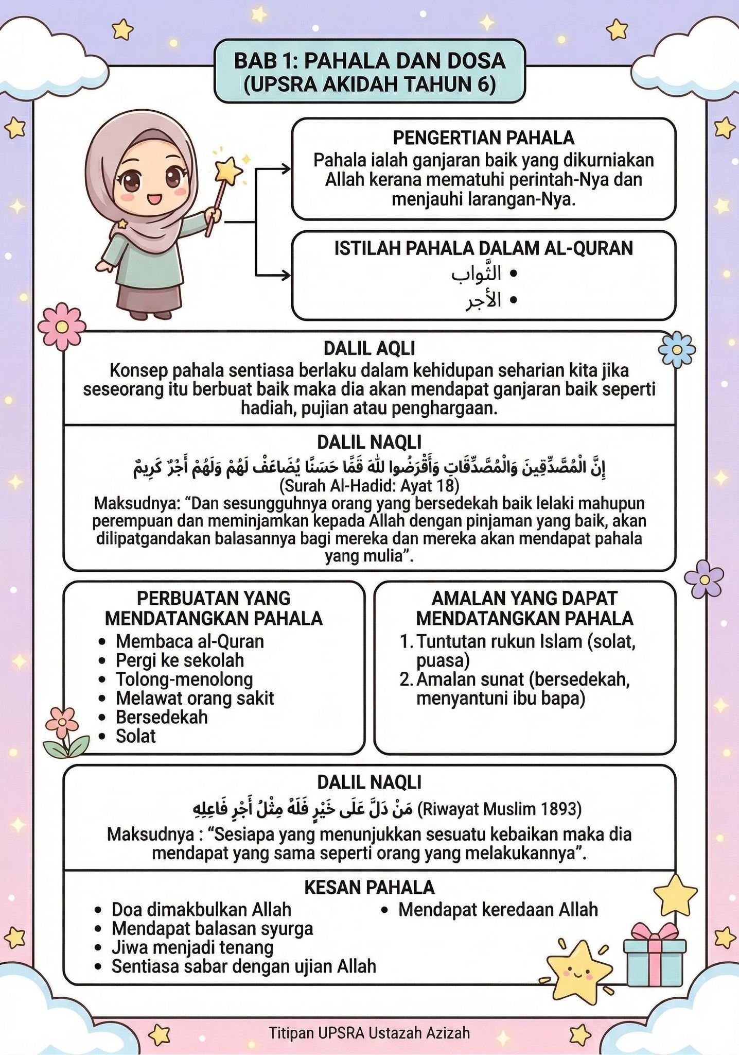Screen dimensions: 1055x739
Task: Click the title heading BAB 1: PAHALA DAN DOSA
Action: tap(369, 61)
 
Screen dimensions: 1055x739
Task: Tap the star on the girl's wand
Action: tap(228, 169)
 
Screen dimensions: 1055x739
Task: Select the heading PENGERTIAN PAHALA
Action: tap(483, 138)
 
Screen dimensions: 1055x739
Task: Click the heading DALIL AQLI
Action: tap(369, 349)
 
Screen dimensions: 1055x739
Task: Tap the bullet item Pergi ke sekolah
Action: tap(180, 660)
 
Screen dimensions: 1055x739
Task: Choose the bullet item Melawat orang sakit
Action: tap(195, 699)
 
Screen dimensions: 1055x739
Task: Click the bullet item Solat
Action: tap(135, 736)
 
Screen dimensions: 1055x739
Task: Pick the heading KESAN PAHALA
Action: tap(369, 888)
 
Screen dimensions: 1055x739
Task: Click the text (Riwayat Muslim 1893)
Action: tap(499, 810)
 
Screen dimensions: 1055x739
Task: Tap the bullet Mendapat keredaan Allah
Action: tap(498, 910)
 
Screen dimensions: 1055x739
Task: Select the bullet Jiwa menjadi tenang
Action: tap(192, 947)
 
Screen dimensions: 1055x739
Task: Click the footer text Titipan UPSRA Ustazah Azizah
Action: tap(369, 1033)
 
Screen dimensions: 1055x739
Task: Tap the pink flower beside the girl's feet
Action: tap(61, 326)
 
